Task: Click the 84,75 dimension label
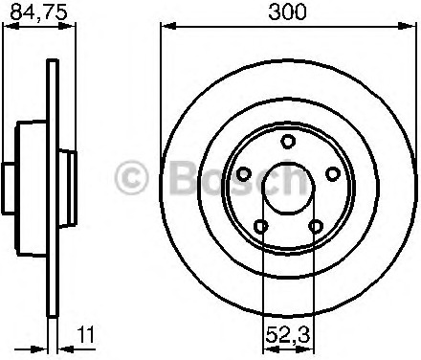[x=38, y=12]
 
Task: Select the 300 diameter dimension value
[x=287, y=11]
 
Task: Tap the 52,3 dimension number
[x=288, y=334]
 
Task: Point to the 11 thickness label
[x=86, y=334]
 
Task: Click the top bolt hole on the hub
[x=288, y=142]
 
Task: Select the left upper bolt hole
[x=244, y=174]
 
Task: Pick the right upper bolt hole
[x=332, y=174]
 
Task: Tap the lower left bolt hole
[x=261, y=227]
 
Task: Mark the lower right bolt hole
[x=315, y=226]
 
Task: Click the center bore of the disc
[x=288, y=188]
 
